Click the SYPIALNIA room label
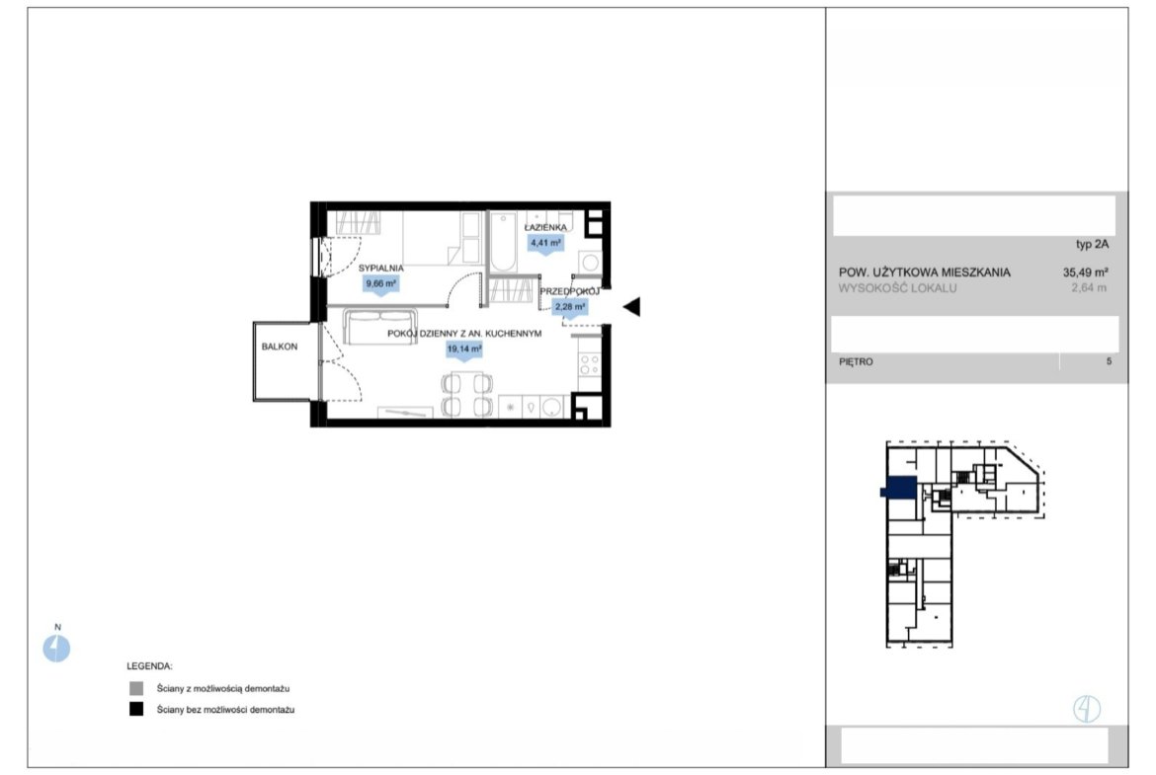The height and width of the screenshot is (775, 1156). pos(381,269)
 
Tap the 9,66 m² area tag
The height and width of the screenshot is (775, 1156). pos(381,283)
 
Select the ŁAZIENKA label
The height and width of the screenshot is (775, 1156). pos(545,228)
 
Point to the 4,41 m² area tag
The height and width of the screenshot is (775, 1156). pos(545,243)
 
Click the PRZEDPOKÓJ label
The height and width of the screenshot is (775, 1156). pos(570,291)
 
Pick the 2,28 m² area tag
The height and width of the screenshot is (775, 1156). pos(571,307)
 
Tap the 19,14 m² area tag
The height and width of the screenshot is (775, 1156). pos(464,349)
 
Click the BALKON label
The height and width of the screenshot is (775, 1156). pos(280,347)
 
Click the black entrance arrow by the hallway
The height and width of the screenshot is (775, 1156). pos(631,306)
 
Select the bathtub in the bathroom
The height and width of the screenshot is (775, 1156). pos(504,242)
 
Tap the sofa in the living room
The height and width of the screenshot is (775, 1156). pos(380,327)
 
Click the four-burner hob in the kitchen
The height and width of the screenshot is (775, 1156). pos(590,364)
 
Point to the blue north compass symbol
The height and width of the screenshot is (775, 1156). pos(56,649)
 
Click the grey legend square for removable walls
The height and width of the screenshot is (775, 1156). pos(136,689)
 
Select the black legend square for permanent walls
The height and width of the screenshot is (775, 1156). pos(136,710)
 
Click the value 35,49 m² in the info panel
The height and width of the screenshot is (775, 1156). pos(1085,272)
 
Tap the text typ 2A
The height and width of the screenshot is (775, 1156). pos(1092,245)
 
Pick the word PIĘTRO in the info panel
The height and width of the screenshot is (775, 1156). pos(856,361)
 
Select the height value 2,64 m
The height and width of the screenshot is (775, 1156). pos(1089,288)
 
